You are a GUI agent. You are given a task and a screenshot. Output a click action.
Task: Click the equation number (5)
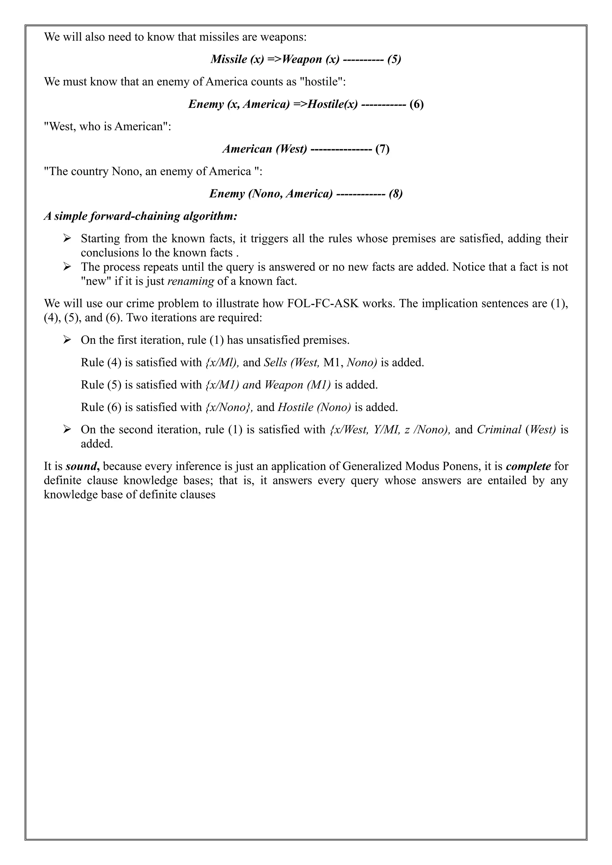(x=394, y=59)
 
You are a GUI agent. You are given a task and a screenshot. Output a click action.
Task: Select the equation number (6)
(x=416, y=104)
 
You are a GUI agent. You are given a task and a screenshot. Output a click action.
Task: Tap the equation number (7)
(x=382, y=149)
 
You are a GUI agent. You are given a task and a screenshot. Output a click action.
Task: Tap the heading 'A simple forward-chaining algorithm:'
(x=140, y=216)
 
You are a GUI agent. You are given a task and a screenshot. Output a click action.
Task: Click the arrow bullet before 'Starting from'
(x=67, y=238)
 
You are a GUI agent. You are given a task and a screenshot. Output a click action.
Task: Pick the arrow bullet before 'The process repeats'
(x=67, y=267)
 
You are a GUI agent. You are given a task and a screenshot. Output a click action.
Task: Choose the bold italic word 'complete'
(x=528, y=467)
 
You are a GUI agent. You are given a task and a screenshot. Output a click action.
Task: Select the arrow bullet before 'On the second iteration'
(x=67, y=430)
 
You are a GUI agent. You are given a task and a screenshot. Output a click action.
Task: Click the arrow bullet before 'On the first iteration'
(x=67, y=340)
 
